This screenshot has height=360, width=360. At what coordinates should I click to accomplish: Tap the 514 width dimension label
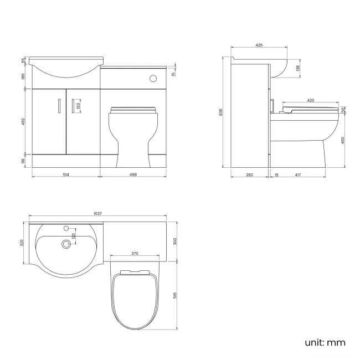pos(66,175)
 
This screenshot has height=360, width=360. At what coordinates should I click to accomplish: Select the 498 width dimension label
pos(133,175)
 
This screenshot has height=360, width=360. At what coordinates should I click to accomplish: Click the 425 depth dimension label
pos(259,45)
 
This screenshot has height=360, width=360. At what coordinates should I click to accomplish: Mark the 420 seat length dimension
pos(311,101)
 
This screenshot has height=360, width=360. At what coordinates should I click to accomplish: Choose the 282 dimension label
pos(249,175)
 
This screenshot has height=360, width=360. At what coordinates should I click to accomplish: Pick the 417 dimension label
pos(297,175)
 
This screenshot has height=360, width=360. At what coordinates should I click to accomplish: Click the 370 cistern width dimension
pos(134,254)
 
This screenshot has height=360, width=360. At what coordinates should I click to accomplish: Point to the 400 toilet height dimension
pos(343,140)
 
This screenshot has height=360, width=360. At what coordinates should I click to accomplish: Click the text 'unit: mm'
pos(325,343)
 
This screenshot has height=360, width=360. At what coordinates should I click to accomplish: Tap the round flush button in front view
pos(153,79)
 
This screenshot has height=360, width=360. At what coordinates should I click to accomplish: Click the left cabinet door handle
pos(59,105)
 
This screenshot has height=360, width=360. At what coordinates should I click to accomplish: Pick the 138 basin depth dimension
pos(297,68)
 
